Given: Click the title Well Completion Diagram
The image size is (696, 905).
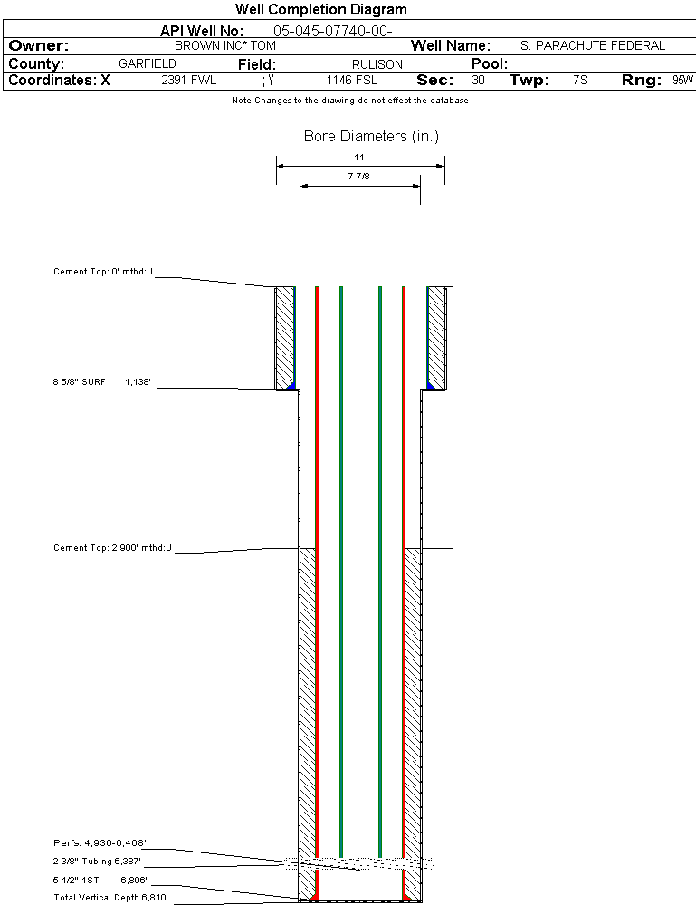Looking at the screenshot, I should click(321, 10).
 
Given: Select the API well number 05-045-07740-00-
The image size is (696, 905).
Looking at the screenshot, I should click(332, 31).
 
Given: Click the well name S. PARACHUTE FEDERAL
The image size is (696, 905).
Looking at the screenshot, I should click(593, 45).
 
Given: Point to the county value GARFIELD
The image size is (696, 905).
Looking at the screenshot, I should click(148, 64).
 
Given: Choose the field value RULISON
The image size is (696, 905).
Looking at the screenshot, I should click(377, 64).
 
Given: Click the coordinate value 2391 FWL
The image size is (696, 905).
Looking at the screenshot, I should click(189, 81).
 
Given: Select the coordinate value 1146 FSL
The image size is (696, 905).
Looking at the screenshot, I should click(352, 81).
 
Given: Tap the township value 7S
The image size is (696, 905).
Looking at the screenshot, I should click(580, 81).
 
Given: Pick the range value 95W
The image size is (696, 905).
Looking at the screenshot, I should click(682, 81).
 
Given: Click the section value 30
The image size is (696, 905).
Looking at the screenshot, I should click(478, 81).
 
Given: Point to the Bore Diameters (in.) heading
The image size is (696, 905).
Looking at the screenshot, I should click(371, 137).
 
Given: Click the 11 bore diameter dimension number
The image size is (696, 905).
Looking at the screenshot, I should click(359, 158).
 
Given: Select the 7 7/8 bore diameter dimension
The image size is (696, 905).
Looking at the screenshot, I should click(359, 177).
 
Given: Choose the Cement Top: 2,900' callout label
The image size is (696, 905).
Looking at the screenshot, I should click(112, 548).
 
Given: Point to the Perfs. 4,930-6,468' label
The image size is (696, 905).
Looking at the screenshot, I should click(100, 843).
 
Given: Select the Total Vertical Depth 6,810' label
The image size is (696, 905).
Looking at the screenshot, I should click(110, 898).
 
